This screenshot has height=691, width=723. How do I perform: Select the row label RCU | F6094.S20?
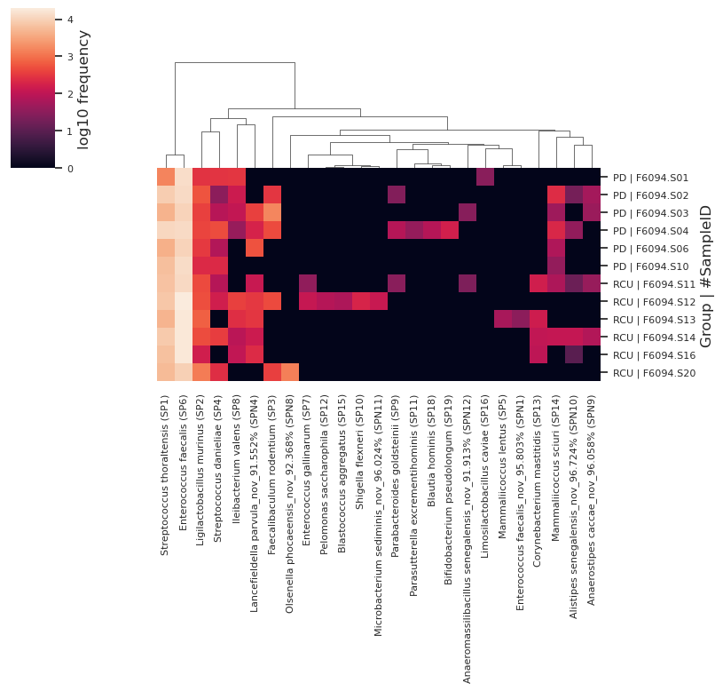click(654, 373)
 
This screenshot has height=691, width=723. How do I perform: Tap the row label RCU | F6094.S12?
click(654, 302)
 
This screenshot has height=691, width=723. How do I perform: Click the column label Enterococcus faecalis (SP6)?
click(183, 463)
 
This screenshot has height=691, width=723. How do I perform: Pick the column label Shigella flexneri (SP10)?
click(360, 452)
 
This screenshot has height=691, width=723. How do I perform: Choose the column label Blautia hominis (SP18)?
click(431, 450)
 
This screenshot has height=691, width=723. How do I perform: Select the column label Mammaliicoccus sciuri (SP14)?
click(555, 468)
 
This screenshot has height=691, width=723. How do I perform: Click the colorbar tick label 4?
click(70, 20)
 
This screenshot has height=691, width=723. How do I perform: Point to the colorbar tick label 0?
click(70, 169)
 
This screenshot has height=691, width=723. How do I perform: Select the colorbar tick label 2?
click(70, 94)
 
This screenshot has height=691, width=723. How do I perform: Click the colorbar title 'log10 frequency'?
click(83, 90)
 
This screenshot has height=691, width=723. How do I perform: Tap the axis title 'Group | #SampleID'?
click(705, 276)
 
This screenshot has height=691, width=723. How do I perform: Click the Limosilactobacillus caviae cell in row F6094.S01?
click(484, 178)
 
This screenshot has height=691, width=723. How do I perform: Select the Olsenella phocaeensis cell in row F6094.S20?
click(289, 372)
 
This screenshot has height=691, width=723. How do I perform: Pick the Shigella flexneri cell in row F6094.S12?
click(360, 301)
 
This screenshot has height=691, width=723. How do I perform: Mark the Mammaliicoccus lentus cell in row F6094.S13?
click(503, 320)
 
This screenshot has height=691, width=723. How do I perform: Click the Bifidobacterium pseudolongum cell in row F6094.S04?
click(449, 230)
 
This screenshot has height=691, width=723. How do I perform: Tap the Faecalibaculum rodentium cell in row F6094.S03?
click(272, 213)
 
